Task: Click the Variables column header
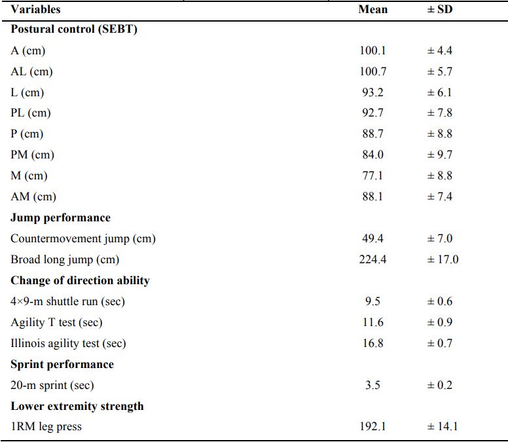[35, 10]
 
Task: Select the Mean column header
[372, 10]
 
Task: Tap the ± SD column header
[440, 10]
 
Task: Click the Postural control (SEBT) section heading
[73, 29]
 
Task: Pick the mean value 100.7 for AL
[372, 71]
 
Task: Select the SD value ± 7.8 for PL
[440, 113]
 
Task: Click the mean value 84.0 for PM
[372, 155]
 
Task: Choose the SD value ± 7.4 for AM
[440, 197]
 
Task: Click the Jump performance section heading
[60, 218]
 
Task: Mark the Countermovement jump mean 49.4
[372, 239]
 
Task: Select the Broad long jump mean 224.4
[372, 260]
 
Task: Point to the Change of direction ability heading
[80, 281]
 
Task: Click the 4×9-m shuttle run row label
[67, 302]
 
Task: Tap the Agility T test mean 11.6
[372, 323]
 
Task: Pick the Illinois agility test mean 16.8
[372, 344]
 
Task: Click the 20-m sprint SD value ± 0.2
[440, 386]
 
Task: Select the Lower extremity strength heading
[77, 407]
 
